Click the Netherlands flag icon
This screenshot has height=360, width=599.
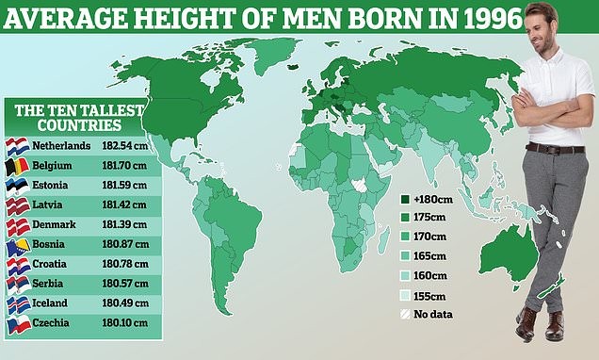17,147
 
